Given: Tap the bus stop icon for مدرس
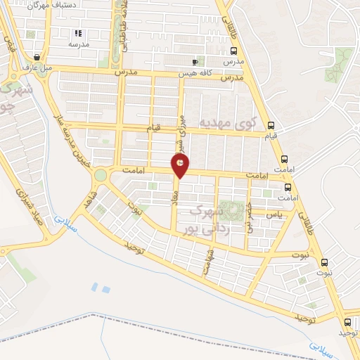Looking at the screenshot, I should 233,51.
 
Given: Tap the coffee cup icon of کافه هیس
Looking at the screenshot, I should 195,62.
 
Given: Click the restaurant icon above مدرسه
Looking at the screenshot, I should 79,32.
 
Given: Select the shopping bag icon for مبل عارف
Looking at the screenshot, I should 36,58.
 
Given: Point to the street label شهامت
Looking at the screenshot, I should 208,261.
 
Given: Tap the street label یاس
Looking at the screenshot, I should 276,214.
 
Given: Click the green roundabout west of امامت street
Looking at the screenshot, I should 101,175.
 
